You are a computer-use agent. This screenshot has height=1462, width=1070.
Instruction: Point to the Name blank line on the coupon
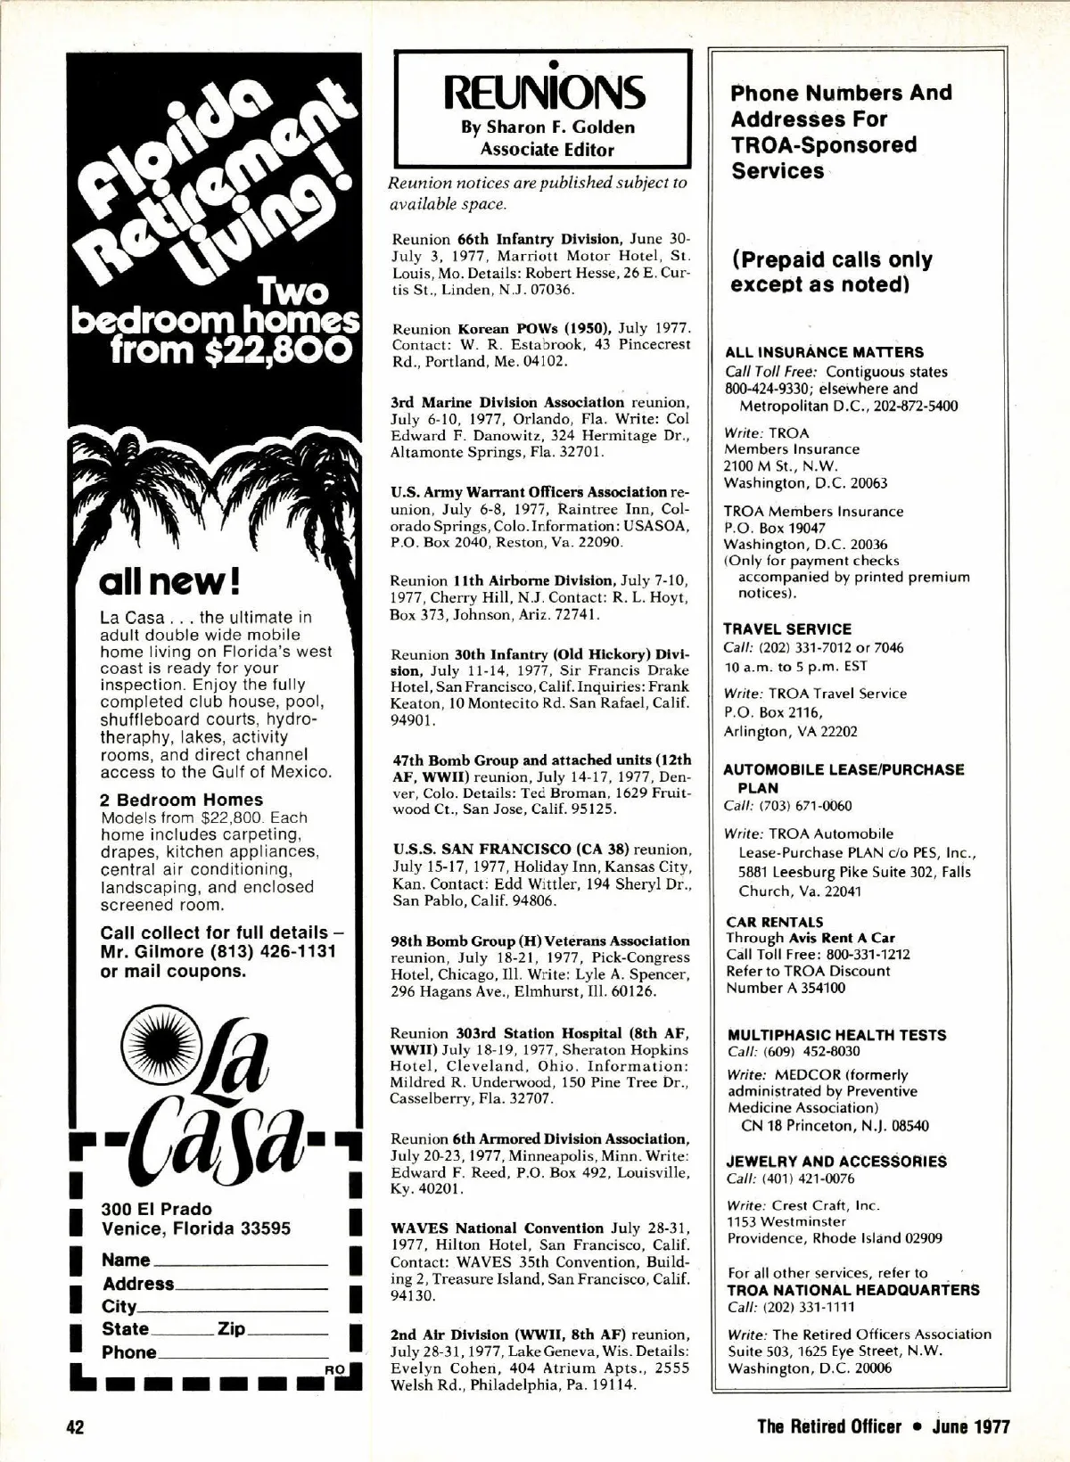[x=241, y=1263]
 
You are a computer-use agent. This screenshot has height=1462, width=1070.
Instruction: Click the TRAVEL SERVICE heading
[x=787, y=628]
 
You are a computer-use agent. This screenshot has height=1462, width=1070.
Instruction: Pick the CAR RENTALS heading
[x=775, y=922]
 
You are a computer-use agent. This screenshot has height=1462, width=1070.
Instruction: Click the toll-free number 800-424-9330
[x=767, y=389]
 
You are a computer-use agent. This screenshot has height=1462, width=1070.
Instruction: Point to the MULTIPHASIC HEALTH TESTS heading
[x=836, y=1035]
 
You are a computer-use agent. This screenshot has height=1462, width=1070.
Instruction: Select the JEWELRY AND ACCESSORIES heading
[x=837, y=1162]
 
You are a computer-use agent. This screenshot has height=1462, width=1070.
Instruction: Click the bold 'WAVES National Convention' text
[x=497, y=1228]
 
